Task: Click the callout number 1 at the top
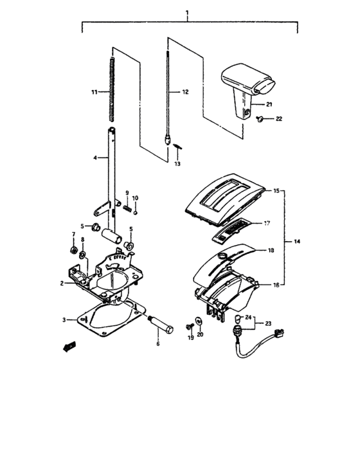187,13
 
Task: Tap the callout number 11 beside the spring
94,93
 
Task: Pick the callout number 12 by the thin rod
185,93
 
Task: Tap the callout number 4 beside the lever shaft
94,157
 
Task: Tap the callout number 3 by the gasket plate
64,319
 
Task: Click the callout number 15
277,192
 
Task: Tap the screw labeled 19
191,326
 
